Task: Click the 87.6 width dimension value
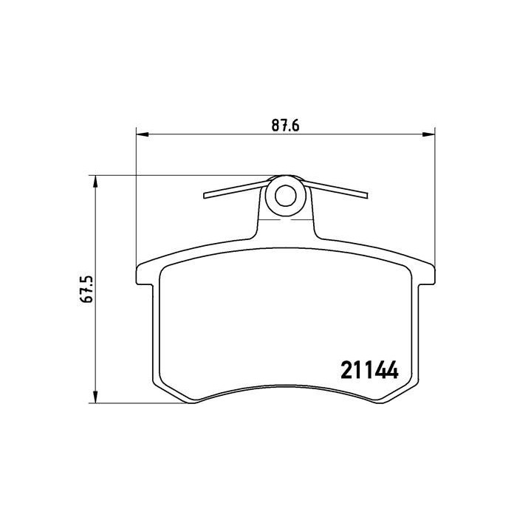pyautogui.click(x=285, y=126)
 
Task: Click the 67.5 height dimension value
pyautogui.click(x=87, y=290)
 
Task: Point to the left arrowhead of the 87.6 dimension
pyautogui.click(x=143, y=134)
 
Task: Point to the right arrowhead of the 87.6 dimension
pyautogui.click(x=428, y=134)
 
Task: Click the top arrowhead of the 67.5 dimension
pyautogui.click(x=95, y=182)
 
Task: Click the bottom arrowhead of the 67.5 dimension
pyautogui.click(x=95, y=397)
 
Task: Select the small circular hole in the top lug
pyautogui.click(x=285, y=196)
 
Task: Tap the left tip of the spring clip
pyautogui.click(x=205, y=196)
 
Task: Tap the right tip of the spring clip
pyautogui.click(x=366, y=196)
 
